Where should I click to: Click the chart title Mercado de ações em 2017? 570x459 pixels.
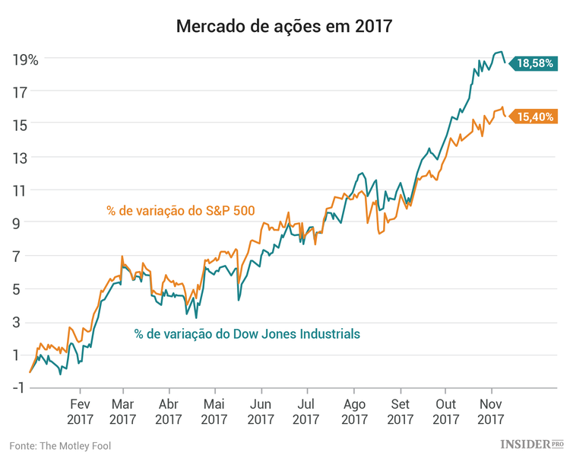(284, 27)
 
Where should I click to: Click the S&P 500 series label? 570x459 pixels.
(181, 210)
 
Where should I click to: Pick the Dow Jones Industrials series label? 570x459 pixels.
(247, 333)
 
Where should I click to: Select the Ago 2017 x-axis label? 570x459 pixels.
(353, 411)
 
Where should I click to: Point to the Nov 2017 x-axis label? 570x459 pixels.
(491, 411)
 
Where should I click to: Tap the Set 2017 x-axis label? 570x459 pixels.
(400, 411)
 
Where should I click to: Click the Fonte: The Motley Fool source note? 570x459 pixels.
(60, 445)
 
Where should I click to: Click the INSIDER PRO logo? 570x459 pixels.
(532, 444)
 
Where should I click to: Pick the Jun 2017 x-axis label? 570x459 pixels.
(261, 411)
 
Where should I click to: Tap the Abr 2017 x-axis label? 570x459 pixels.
(169, 411)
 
